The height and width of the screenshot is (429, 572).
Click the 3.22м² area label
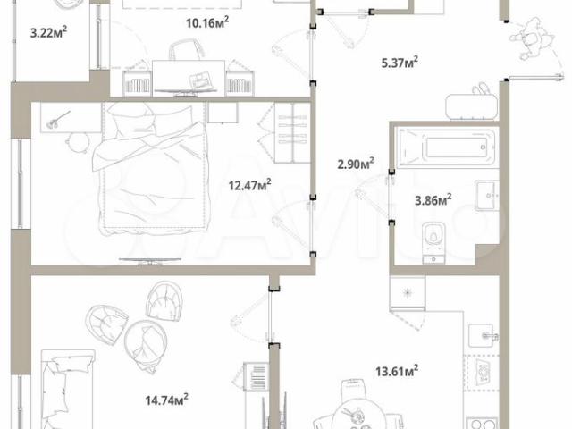click(48, 32)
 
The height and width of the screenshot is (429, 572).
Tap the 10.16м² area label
click(207, 22)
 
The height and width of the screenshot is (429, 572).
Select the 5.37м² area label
click(400, 62)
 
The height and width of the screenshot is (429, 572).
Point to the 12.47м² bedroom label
click(250, 185)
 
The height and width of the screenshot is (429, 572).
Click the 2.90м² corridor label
click(356, 164)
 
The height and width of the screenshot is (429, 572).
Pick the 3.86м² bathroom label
click(433, 199)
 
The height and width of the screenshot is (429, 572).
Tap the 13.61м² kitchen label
click(397, 371)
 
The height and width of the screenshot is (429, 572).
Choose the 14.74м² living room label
click(167, 400)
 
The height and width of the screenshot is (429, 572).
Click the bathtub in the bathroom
click(448, 147)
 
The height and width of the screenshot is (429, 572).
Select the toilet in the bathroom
click(433, 242)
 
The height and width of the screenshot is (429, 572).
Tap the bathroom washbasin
click(487, 196)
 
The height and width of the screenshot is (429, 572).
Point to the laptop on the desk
click(198, 80)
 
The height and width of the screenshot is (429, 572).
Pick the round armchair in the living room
click(146, 346)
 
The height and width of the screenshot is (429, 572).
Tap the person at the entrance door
click(531, 40)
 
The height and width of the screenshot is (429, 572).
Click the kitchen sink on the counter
click(484, 335)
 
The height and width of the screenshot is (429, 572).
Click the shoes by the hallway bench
click(481, 88)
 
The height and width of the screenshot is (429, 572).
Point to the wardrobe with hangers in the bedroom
click(292, 133)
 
